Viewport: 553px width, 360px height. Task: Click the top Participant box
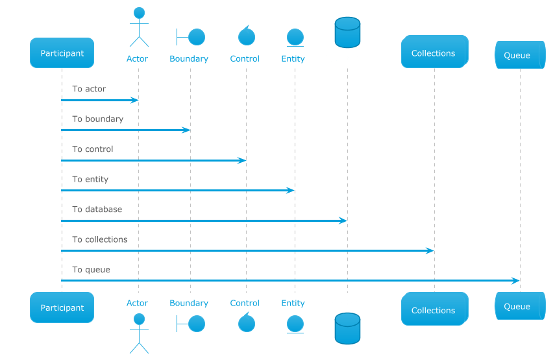62,53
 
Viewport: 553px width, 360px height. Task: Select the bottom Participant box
62,307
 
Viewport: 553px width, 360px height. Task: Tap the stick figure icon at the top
139,27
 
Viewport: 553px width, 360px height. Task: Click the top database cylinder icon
347,32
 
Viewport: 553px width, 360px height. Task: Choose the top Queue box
520,55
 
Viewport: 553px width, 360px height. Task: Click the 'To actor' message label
89,89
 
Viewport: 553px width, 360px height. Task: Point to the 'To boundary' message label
98,119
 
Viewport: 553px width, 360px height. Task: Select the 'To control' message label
93,149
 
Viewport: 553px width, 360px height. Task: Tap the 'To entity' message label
90,180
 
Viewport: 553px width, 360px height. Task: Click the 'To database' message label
97,210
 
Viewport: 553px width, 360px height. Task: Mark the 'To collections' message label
100,239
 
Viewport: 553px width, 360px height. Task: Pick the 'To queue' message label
91,270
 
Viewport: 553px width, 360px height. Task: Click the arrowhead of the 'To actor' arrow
134,100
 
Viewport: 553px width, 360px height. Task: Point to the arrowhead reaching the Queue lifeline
515,281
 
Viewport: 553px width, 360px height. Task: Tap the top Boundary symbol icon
191,37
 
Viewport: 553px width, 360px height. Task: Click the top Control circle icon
247,36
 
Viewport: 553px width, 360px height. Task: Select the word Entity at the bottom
293,303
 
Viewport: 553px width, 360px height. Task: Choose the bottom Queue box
520,306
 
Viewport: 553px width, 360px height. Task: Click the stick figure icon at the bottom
139,333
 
